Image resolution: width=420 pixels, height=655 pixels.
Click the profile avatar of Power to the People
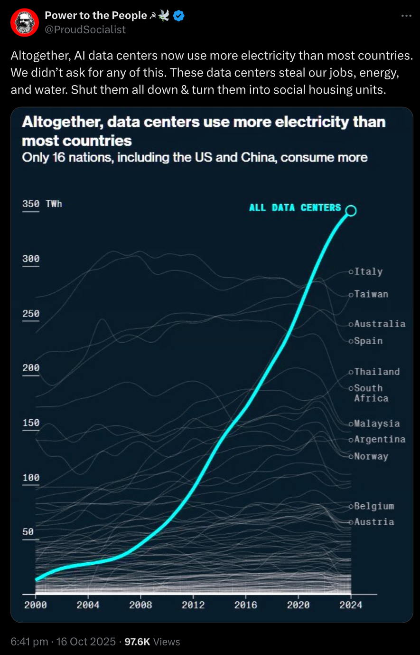tap(25, 22)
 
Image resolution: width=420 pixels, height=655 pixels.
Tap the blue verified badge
tap(179, 16)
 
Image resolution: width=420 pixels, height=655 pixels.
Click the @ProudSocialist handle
tap(85, 29)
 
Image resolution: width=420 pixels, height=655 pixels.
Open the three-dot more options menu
tap(406, 16)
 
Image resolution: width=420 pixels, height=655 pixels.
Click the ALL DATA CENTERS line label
tap(295, 208)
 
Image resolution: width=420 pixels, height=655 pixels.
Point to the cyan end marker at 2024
tap(351, 211)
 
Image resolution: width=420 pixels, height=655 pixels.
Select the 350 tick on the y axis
tap(31, 204)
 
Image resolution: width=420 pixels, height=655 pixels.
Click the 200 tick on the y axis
tap(31, 368)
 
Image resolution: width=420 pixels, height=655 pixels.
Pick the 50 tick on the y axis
tap(28, 532)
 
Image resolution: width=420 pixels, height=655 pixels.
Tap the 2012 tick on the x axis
tap(193, 605)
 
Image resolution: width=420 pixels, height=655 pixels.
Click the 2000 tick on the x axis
tap(36, 605)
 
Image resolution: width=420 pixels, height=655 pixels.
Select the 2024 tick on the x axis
tap(351, 605)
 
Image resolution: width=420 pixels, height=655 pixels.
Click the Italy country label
tap(368, 271)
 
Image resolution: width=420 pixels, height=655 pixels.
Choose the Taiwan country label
tap(371, 294)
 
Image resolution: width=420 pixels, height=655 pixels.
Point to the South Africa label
tap(371, 393)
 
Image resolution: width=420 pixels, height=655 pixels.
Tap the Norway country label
tap(371, 456)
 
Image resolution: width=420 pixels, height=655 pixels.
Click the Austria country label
tap(374, 522)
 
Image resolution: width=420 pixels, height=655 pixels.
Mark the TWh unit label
tap(54, 204)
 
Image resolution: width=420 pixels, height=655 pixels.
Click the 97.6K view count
tap(137, 642)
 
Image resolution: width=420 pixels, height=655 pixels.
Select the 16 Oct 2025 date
tap(86, 642)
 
